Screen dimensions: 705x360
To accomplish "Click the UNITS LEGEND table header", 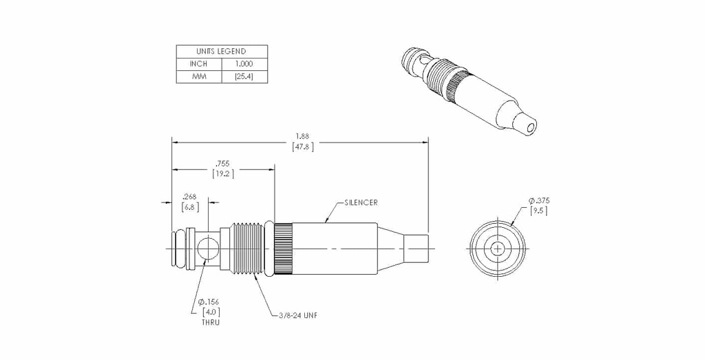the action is click(x=221, y=51).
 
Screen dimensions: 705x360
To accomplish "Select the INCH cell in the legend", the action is click(x=199, y=64).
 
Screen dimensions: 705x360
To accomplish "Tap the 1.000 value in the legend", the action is click(x=244, y=64).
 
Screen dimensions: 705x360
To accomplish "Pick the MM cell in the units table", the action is click(x=199, y=76).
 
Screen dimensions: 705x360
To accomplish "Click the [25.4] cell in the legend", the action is click(x=244, y=76).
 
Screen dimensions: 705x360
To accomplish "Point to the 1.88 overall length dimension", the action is click(x=302, y=136).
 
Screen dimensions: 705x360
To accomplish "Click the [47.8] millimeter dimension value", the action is click(x=303, y=147).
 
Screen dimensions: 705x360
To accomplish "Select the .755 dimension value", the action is click(x=222, y=164).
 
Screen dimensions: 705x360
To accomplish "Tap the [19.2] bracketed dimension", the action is click(x=223, y=174).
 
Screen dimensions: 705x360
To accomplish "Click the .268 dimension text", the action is click(x=190, y=196).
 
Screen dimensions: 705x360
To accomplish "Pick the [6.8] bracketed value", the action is click(x=190, y=207).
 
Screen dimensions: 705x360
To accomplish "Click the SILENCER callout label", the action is click(x=361, y=202).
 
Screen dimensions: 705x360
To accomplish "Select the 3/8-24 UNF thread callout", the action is click(x=297, y=315).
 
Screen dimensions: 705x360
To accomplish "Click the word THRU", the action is click(x=211, y=322).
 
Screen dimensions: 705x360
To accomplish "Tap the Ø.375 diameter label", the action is click(x=538, y=200).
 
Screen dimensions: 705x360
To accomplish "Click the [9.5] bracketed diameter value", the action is click(x=538, y=211).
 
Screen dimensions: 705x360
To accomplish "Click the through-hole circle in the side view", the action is click(x=208, y=248).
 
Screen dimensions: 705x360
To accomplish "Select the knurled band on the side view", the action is click(x=284, y=248).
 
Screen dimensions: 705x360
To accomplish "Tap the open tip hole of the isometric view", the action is click(x=531, y=128).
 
